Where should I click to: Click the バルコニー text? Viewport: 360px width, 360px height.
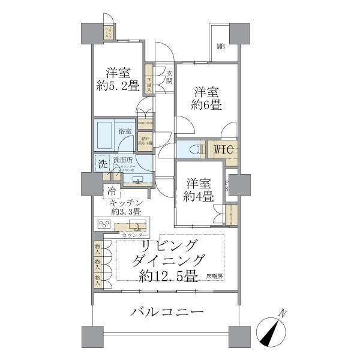(x=166, y=313)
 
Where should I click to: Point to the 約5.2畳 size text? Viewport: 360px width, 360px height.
(x=118, y=86)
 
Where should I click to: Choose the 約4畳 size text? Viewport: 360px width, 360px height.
(x=199, y=196)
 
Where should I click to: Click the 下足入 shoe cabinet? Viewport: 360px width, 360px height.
(x=149, y=81)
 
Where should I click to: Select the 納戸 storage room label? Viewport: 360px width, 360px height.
(x=145, y=140)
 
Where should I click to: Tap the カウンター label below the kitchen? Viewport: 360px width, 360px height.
(x=133, y=235)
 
